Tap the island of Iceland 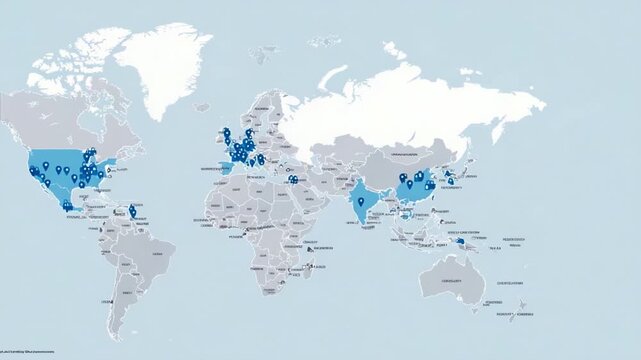[x=201, y=107]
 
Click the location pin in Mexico [x=67, y=206]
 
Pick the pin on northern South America [x=133, y=210]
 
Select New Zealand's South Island [x=512, y=316]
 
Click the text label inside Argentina [x=126, y=293]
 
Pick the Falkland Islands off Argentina [x=142, y=323]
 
